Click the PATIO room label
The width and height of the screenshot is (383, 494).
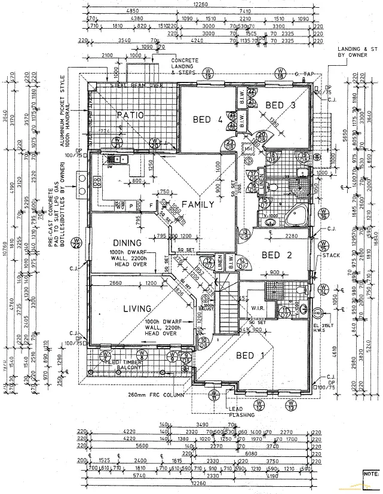click(x=129, y=115)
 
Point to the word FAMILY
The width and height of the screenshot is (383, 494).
click(x=198, y=205)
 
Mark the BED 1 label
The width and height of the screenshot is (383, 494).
click(x=250, y=356)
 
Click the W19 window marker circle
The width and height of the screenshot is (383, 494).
click(x=208, y=74)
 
